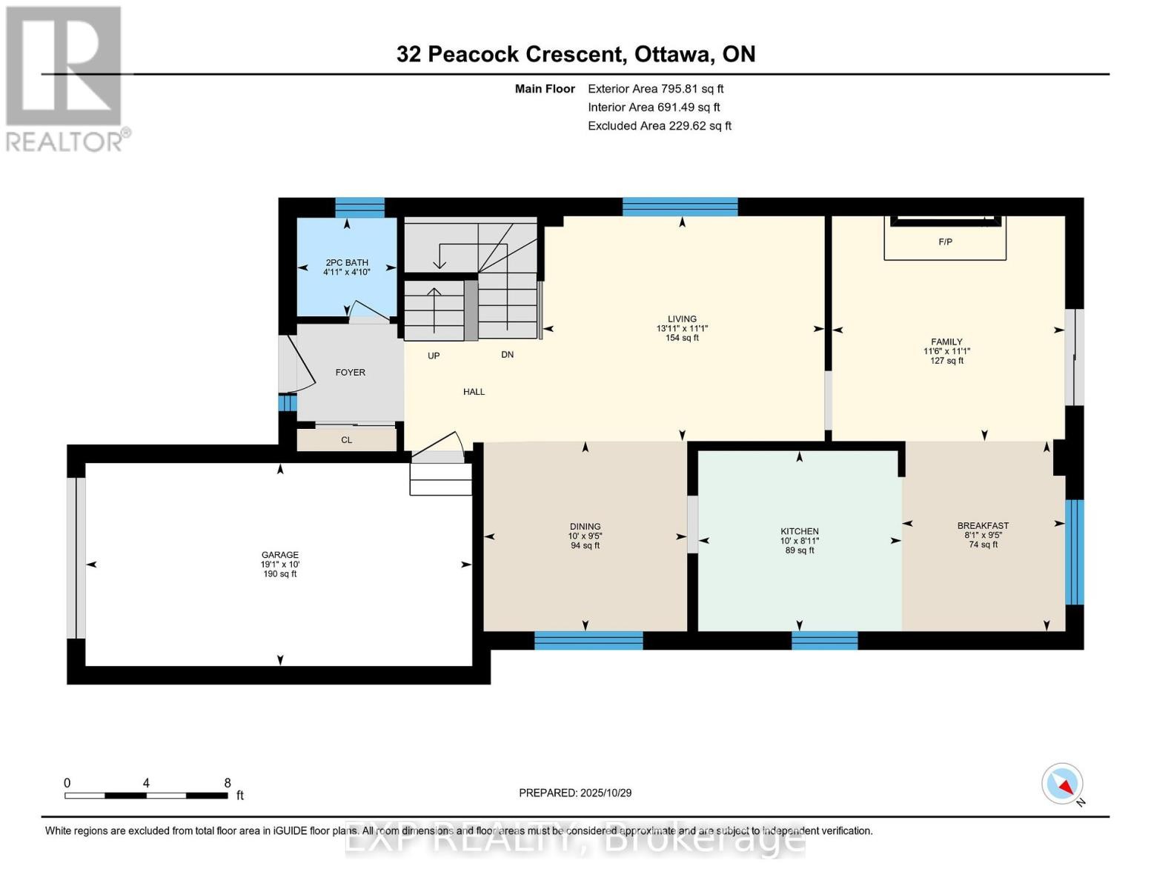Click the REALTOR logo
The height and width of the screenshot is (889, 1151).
[x=65, y=79]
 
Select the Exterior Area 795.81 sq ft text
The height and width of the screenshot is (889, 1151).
[x=655, y=88]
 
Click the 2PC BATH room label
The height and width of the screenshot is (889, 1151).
[x=346, y=263]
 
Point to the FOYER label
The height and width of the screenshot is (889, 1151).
[x=350, y=373]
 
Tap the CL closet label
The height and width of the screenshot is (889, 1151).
[x=346, y=440]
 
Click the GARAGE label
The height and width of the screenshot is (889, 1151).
[x=279, y=555]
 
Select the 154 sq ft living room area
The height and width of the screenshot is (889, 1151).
[x=682, y=338]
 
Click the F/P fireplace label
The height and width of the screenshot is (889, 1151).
[x=945, y=242]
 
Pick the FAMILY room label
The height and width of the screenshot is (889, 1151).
[x=946, y=342]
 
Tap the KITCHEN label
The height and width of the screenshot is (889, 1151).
[x=799, y=531]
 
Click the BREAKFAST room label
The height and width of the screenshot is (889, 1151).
[x=983, y=526]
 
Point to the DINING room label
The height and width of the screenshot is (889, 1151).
[x=585, y=527]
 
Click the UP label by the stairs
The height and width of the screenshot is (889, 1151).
[x=434, y=356]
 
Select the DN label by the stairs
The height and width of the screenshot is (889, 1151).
[x=507, y=355]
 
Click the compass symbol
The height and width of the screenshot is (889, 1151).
[x=1062, y=784]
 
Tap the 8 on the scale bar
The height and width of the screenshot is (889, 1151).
[x=228, y=783]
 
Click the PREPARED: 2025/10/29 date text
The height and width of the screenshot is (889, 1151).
[x=575, y=793]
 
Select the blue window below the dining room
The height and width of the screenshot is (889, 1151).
[x=588, y=640]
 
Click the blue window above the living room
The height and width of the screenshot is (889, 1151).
[x=680, y=207]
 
